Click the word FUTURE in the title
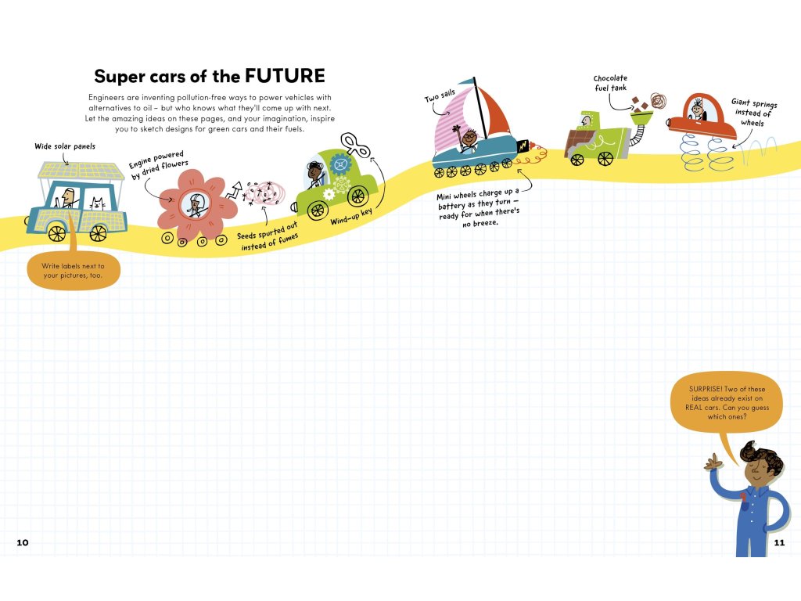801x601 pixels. click(x=285, y=76)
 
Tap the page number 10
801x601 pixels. click(x=22, y=542)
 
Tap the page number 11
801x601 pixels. click(x=778, y=542)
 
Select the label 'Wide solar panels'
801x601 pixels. click(x=65, y=146)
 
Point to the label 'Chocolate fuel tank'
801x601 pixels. click(x=610, y=83)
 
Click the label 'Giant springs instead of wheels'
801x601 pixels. click(x=753, y=112)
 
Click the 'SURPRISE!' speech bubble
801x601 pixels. click(x=727, y=402)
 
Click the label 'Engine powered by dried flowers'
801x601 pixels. click(x=158, y=166)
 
